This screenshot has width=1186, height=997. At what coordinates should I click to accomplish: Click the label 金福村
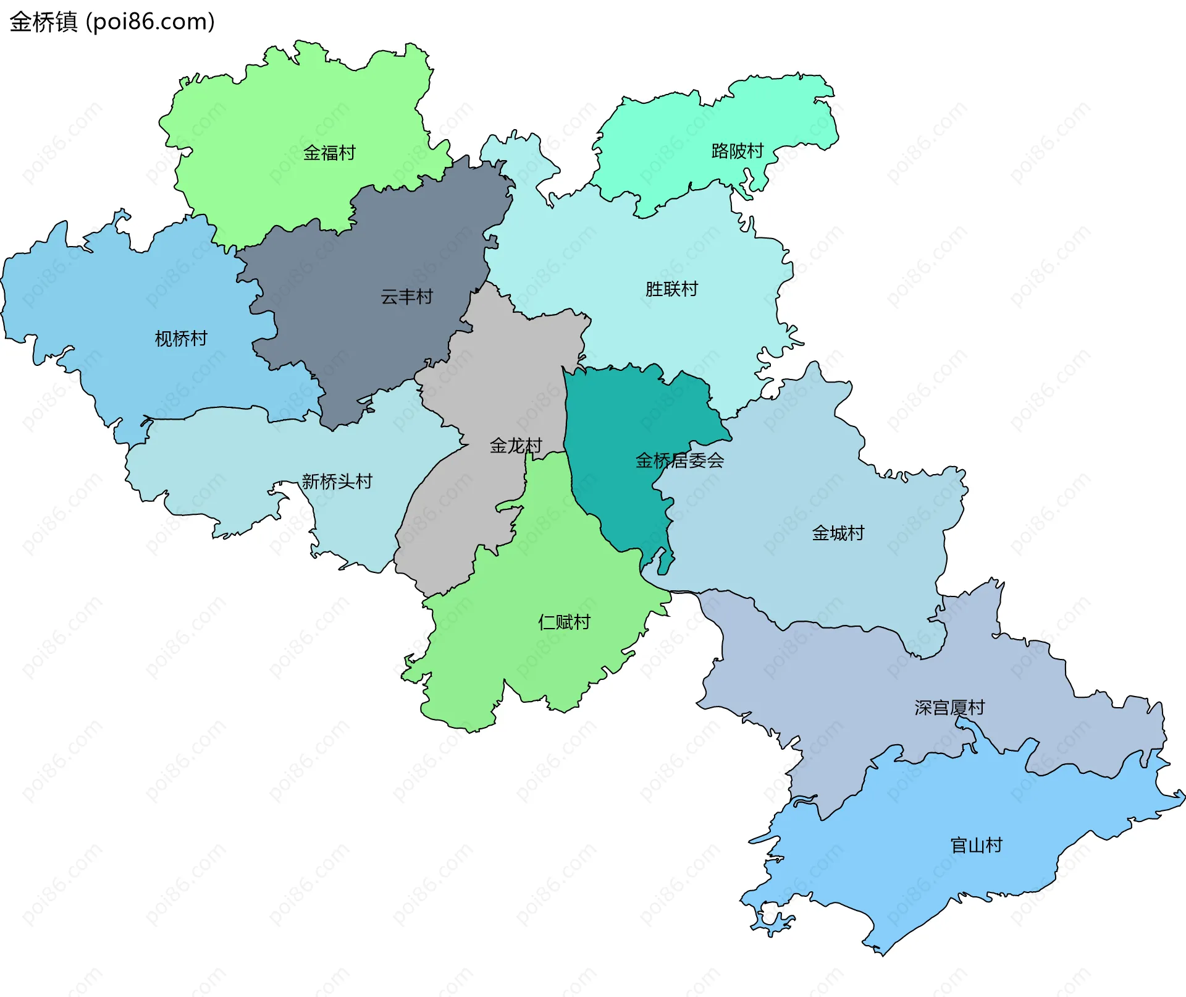tap(329, 153)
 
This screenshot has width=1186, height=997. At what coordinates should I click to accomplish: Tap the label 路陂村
tap(738, 151)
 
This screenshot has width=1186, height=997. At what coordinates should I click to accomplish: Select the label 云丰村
tap(406, 297)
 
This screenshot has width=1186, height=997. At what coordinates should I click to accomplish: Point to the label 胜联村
tap(671, 289)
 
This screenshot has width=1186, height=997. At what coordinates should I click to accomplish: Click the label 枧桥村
tap(181, 339)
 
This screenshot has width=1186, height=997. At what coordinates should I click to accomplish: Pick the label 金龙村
tap(516, 445)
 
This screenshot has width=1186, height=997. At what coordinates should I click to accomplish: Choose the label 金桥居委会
tap(679, 460)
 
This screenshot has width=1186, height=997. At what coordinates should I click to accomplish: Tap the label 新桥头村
tap(337, 481)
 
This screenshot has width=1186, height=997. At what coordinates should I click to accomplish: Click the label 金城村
tap(838, 533)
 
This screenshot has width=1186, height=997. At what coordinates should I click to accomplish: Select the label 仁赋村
tap(564, 622)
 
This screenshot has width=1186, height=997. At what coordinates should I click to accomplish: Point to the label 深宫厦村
tap(949, 707)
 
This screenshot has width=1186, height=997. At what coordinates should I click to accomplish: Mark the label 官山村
tap(976, 845)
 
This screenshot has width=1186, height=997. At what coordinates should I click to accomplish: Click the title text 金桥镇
tap(43, 22)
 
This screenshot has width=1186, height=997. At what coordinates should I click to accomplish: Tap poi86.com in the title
tap(150, 22)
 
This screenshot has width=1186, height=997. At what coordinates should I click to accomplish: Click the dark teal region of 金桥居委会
tap(618, 420)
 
